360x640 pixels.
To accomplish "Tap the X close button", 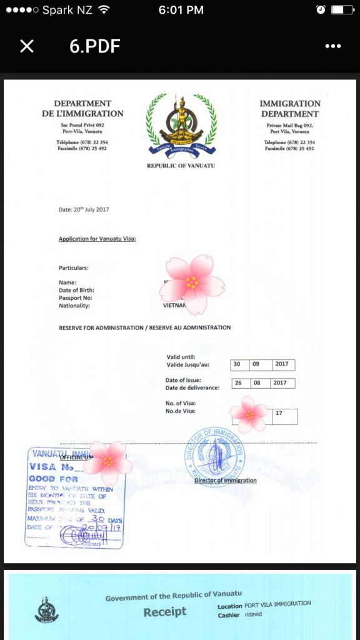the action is (x=27, y=46).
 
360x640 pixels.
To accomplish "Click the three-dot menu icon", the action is (x=332, y=46).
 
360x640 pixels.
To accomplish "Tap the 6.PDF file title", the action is (x=94, y=46).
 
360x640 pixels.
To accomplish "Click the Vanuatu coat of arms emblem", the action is (x=181, y=123).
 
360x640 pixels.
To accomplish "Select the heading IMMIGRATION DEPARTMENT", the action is (x=290, y=108).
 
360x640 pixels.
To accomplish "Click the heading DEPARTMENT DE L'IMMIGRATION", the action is (x=82, y=108).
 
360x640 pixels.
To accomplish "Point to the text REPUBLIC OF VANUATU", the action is (x=181, y=166).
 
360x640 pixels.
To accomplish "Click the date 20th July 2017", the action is (x=84, y=209).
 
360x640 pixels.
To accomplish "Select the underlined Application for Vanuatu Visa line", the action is (x=97, y=239).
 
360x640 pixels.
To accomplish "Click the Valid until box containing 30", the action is (x=237, y=364).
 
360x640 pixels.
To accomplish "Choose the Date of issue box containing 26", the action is (x=238, y=382).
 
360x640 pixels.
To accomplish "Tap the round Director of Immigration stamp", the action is (x=214, y=456).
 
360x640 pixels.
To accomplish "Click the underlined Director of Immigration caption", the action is (x=225, y=480).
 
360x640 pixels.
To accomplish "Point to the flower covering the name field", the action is (x=191, y=284).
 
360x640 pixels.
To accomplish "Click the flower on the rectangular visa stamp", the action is (x=108, y=462).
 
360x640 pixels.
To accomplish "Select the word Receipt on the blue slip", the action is (x=165, y=612).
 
